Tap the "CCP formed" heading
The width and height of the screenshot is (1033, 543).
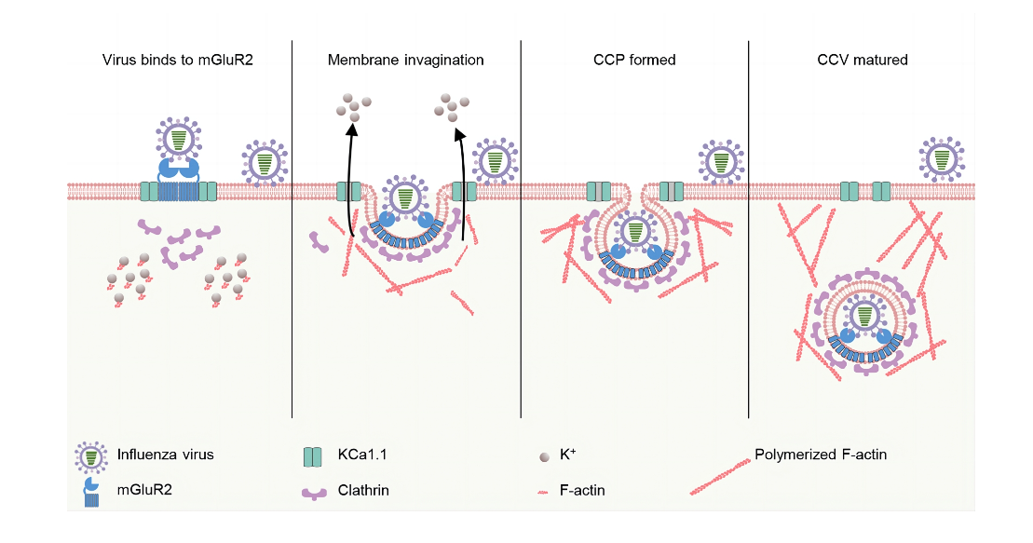[634, 61]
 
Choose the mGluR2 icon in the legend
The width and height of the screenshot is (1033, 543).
[90, 491]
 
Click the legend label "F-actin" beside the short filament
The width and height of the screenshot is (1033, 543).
[582, 490]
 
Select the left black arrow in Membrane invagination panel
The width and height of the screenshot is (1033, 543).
[350, 186]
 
